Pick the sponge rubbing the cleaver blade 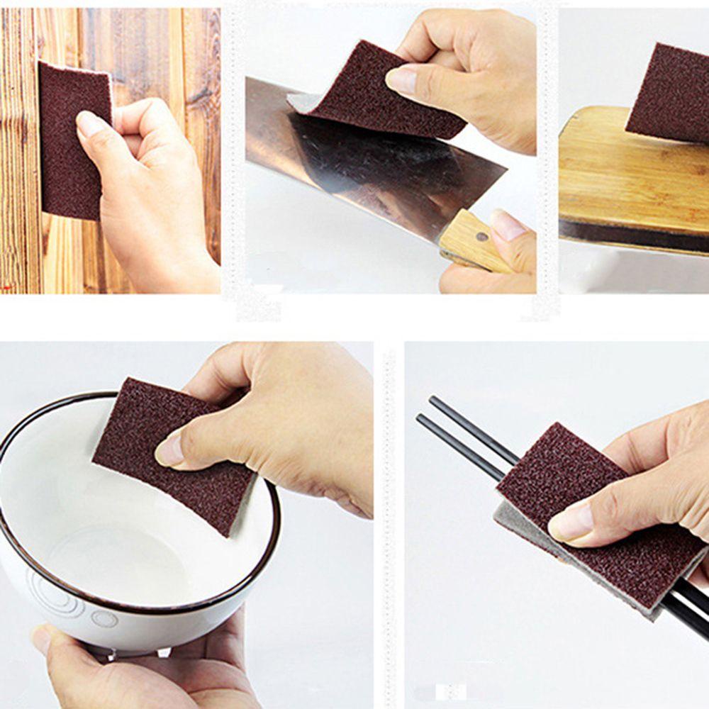(x=383, y=92)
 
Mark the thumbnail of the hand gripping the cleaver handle (x=508, y=225)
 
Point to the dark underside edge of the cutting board (x=631, y=234)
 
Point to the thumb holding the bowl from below (x=53, y=642)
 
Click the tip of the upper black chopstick (x=431, y=401)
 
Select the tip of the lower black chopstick (x=420, y=418)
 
